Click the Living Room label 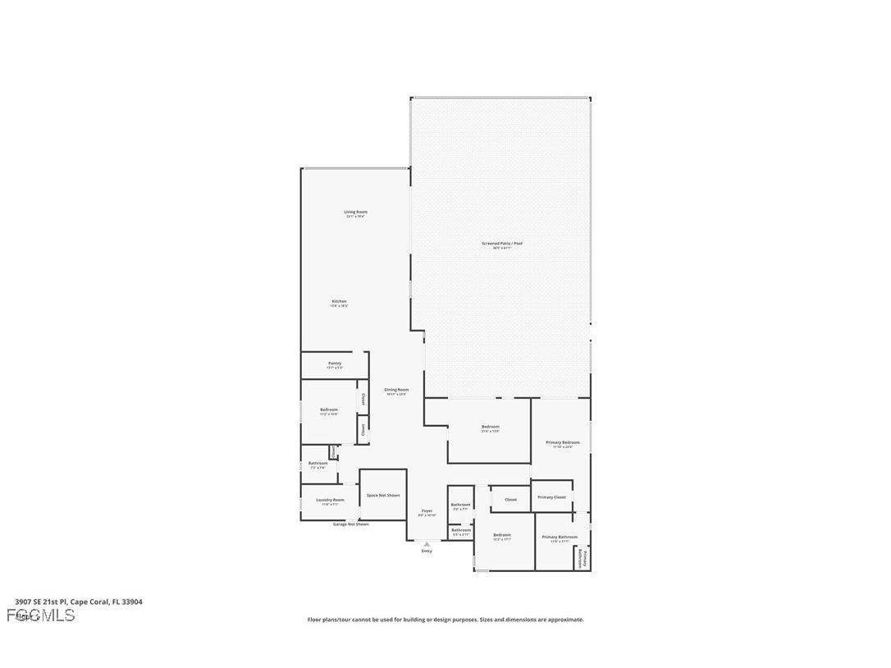click(355, 213)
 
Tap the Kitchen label click(339, 301)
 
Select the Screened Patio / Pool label click(501, 244)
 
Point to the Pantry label click(334, 364)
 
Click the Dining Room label click(396, 390)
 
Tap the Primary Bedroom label click(563, 443)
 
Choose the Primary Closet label click(551, 497)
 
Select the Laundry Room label click(330, 500)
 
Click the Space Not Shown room click(383, 495)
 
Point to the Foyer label click(427, 511)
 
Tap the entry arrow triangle click(427, 543)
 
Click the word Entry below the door click(427, 551)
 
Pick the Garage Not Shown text click(350, 524)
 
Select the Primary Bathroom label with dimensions click(560, 538)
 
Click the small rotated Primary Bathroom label click(582, 559)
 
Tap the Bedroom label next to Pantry click(328, 409)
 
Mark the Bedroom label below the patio click(490, 427)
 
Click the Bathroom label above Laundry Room click(318, 463)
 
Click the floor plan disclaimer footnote click(445, 620)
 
